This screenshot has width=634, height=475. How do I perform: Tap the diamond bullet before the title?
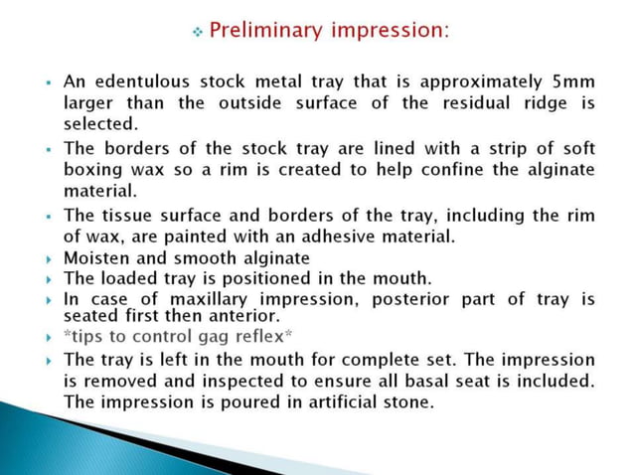point(197,33)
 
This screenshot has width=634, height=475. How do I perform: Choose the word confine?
point(447,170)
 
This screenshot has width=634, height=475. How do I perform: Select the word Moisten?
point(95,258)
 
